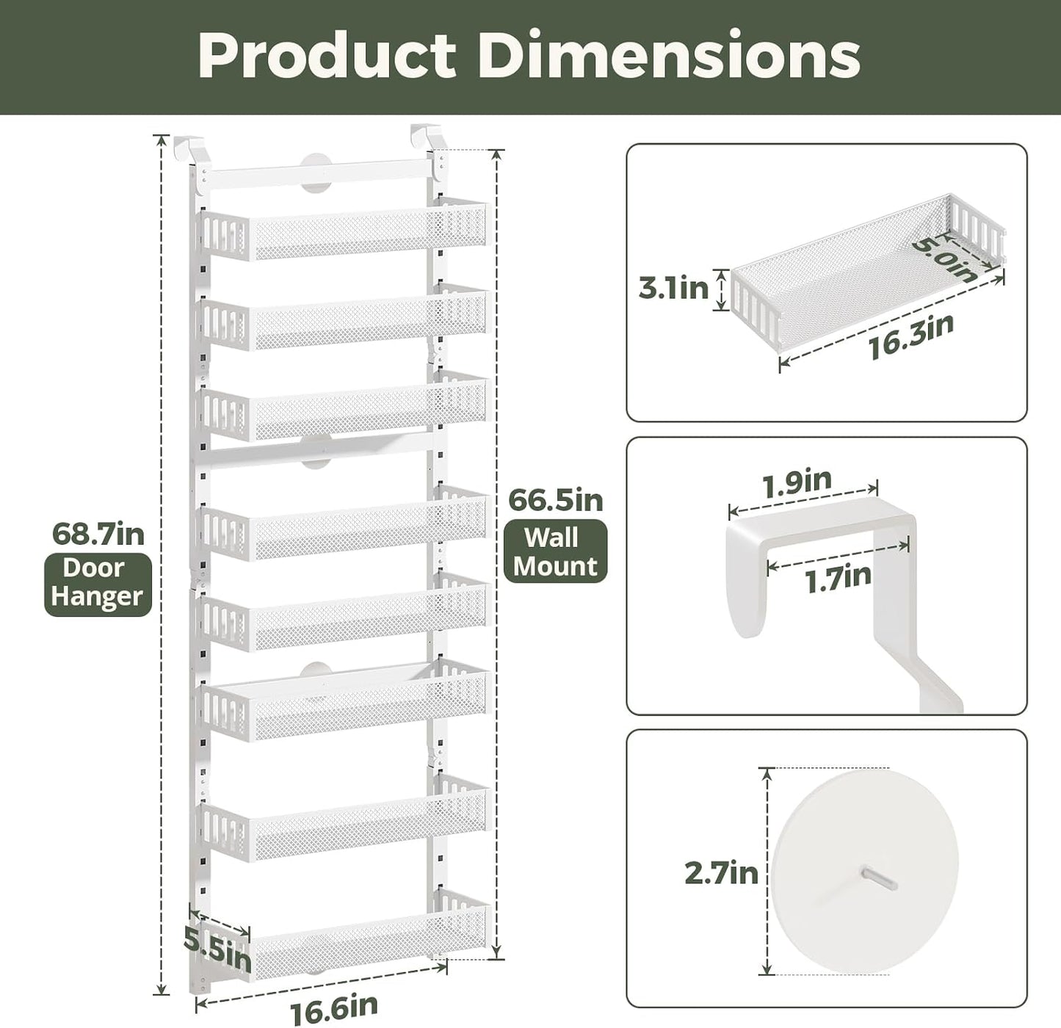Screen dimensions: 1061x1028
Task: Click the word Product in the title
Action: [x=327, y=56]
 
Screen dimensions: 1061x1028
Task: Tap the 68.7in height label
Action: [x=98, y=535]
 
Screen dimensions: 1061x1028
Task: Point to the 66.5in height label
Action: [x=556, y=500]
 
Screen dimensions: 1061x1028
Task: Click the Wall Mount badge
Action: [x=555, y=551]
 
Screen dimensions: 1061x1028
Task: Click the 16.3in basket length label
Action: [x=911, y=336]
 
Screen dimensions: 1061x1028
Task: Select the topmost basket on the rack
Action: [x=344, y=229]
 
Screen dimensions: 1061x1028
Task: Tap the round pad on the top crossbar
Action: [x=316, y=173]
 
